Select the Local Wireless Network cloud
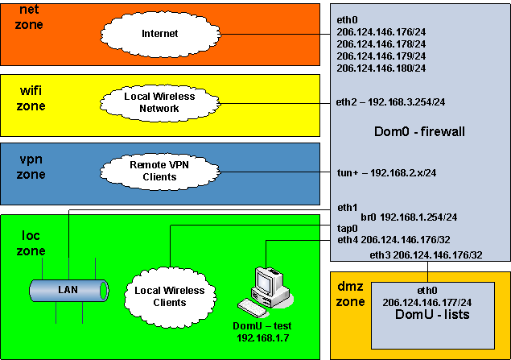159,102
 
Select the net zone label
30,17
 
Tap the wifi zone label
31,99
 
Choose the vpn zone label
31,166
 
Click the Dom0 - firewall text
420,131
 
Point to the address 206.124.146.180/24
381,68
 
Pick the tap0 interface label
348,228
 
